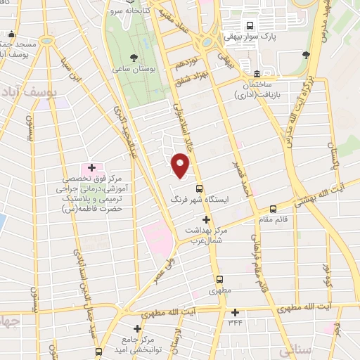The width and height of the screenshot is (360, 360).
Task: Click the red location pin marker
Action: [181, 167]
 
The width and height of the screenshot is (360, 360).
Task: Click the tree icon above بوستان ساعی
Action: [134, 56]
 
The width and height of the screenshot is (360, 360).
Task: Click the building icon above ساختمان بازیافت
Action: [257, 74]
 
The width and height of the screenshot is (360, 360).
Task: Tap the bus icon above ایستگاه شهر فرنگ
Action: [200, 188]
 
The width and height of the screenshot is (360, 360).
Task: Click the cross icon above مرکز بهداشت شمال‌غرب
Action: [206, 220]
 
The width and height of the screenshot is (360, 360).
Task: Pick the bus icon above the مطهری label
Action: [218, 278]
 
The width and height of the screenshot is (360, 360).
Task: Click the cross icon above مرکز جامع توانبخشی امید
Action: [137, 328]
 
